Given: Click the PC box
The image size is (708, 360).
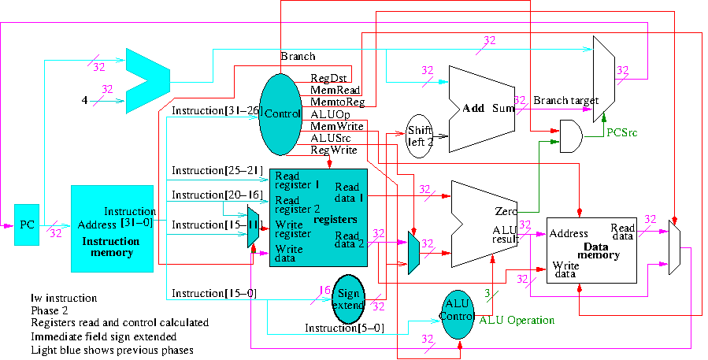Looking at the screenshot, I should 27,224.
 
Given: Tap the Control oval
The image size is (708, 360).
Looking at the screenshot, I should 281,114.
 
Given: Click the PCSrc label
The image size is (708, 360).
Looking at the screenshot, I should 621,132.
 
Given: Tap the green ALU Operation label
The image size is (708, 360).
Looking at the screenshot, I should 517,321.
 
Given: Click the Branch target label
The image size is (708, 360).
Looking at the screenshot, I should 565,101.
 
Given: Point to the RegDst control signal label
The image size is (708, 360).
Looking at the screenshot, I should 328,78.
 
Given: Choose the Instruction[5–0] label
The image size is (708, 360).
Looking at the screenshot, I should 344,328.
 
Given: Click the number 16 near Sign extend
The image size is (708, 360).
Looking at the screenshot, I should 324,290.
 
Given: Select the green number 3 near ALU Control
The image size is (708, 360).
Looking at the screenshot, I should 487,294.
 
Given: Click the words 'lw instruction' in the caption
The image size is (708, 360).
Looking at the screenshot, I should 64,299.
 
